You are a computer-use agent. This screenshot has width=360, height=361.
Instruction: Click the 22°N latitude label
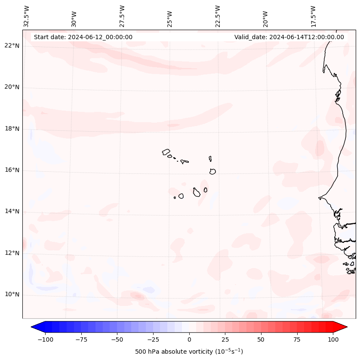coord(12,46)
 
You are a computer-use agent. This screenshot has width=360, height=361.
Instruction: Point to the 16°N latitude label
coord(12,170)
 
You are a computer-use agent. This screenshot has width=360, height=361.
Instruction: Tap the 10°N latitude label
coord(12,294)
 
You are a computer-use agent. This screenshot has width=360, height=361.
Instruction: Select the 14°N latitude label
coord(12,211)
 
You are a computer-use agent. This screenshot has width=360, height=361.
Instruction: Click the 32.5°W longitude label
coord(27,16)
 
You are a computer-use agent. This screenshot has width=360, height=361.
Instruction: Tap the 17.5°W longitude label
coord(313,16)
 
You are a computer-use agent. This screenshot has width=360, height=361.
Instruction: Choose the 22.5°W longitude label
coord(218,16)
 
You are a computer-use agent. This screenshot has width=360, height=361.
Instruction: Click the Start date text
coord(83,37)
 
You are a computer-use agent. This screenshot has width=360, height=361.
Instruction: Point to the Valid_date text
coord(289,37)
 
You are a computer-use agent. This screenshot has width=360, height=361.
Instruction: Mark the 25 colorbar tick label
coord(225,339)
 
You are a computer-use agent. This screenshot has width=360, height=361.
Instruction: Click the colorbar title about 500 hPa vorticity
coord(189,352)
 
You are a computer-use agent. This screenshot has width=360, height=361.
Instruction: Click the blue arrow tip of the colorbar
coord(33,327)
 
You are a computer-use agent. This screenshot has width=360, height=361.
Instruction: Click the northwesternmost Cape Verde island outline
coord(166,152)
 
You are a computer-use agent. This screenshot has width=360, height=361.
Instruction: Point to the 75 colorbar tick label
coord(297,339)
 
